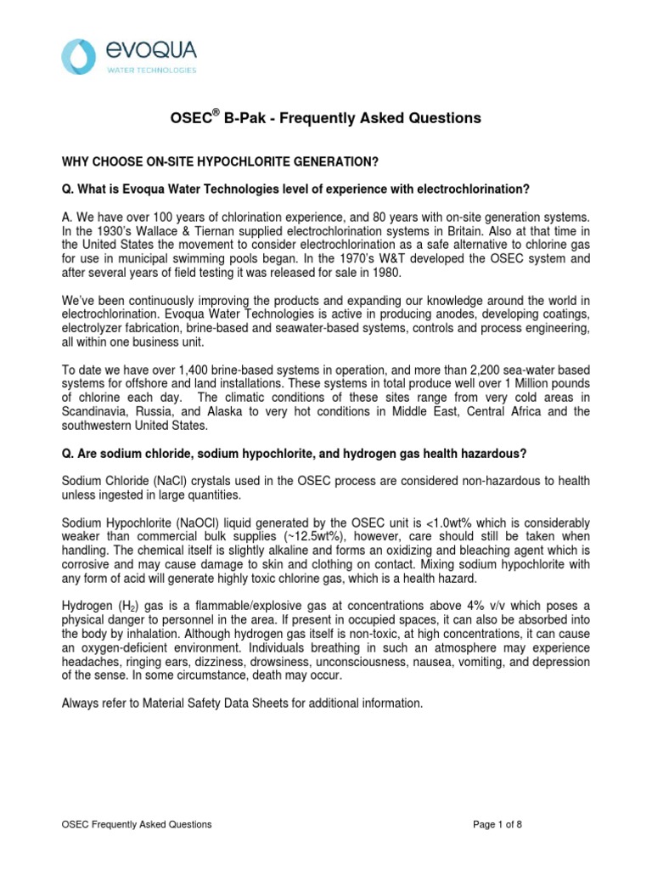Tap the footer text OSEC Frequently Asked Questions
coord(138,824)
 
